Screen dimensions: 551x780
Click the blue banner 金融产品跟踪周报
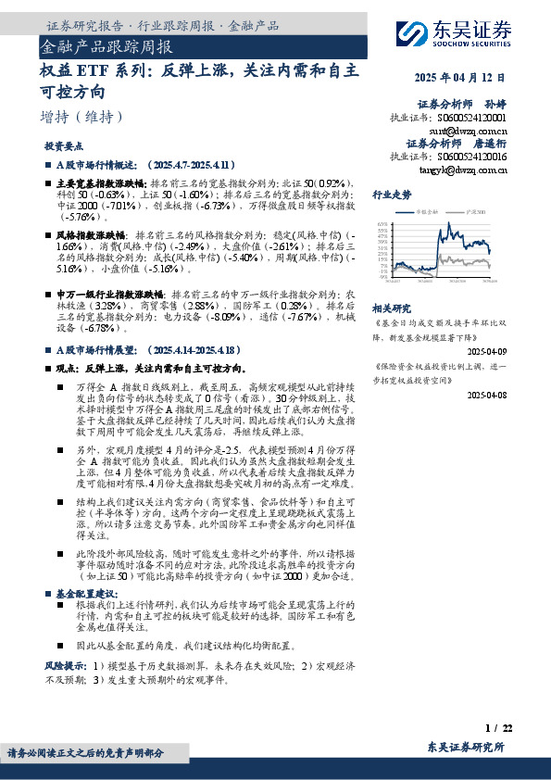coord(107,44)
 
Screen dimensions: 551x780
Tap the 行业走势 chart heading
coord(392,195)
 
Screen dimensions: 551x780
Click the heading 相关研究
coord(391,308)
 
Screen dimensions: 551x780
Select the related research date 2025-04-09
coord(489,352)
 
